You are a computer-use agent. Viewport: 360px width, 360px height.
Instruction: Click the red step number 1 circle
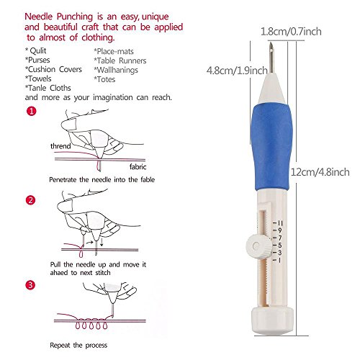click(x=31, y=112)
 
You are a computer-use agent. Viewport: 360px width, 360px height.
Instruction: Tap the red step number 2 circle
click(x=30, y=200)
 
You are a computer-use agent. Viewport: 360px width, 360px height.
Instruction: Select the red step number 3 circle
click(x=30, y=285)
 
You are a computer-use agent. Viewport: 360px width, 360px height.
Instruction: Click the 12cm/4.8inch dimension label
click(x=320, y=172)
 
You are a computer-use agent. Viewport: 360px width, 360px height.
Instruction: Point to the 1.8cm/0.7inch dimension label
click(x=291, y=32)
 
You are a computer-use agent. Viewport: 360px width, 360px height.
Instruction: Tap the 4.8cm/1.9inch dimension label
click(x=237, y=71)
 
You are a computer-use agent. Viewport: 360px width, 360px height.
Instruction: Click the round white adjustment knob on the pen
click(x=256, y=246)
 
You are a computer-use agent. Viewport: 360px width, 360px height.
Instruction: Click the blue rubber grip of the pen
click(x=271, y=146)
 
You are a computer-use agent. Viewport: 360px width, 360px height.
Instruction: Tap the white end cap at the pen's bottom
click(x=273, y=320)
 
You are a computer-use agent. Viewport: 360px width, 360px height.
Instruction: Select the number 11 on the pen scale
click(x=280, y=223)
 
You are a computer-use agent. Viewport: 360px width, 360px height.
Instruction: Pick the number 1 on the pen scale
click(x=279, y=260)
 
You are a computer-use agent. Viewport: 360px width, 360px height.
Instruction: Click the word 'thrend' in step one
click(x=60, y=146)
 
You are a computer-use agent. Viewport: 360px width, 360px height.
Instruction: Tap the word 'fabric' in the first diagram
click(x=138, y=166)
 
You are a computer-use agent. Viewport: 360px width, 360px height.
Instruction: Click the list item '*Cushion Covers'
click(x=53, y=69)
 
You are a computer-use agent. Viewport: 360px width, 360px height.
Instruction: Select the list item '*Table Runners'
click(x=120, y=60)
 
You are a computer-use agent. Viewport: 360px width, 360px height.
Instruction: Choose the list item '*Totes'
click(x=104, y=79)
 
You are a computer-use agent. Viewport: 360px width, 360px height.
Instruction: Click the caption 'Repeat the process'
click(x=78, y=345)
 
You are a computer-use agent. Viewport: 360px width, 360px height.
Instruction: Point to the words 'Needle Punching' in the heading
click(x=59, y=17)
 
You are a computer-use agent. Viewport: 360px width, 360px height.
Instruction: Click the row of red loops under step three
click(x=91, y=325)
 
